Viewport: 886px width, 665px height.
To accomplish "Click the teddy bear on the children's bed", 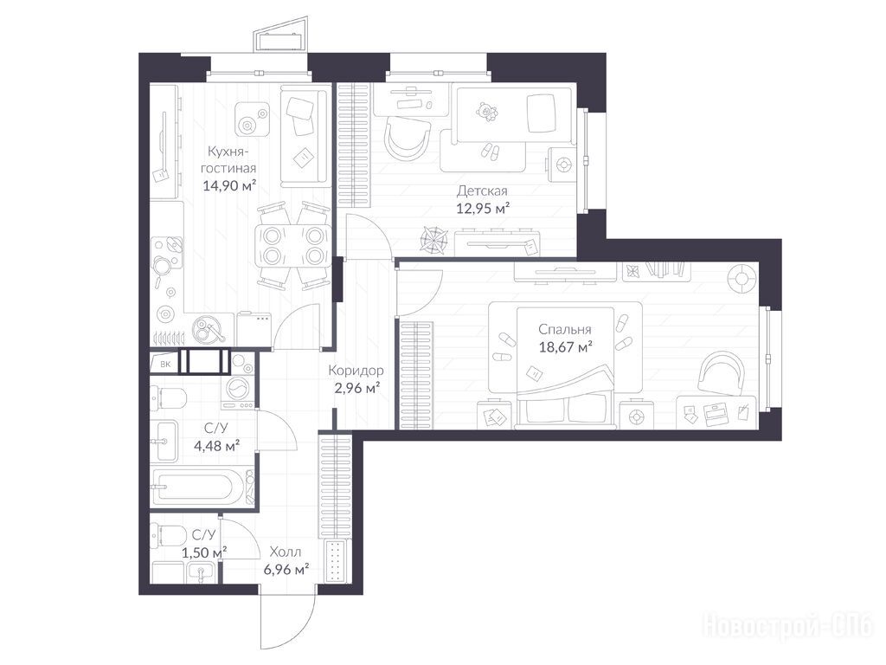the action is [x=486, y=112].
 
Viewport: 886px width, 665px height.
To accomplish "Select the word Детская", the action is [x=482, y=191].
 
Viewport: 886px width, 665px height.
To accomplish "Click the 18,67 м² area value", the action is [x=565, y=346].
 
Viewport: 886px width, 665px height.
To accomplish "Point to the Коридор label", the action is [x=356, y=371].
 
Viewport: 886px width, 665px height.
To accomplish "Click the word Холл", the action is [x=286, y=552].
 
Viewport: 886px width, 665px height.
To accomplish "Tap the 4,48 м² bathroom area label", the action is [x=216, y=446].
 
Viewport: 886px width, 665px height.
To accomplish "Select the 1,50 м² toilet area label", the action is [x=205, y=552].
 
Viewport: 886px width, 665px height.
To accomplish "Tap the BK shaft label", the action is [x=165, y=365].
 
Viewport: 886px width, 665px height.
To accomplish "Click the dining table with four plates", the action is [x=292, y=245].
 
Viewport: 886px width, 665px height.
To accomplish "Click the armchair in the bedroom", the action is [x=723, y=371].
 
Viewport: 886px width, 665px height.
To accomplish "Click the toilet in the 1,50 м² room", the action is [x=169, y=535].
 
